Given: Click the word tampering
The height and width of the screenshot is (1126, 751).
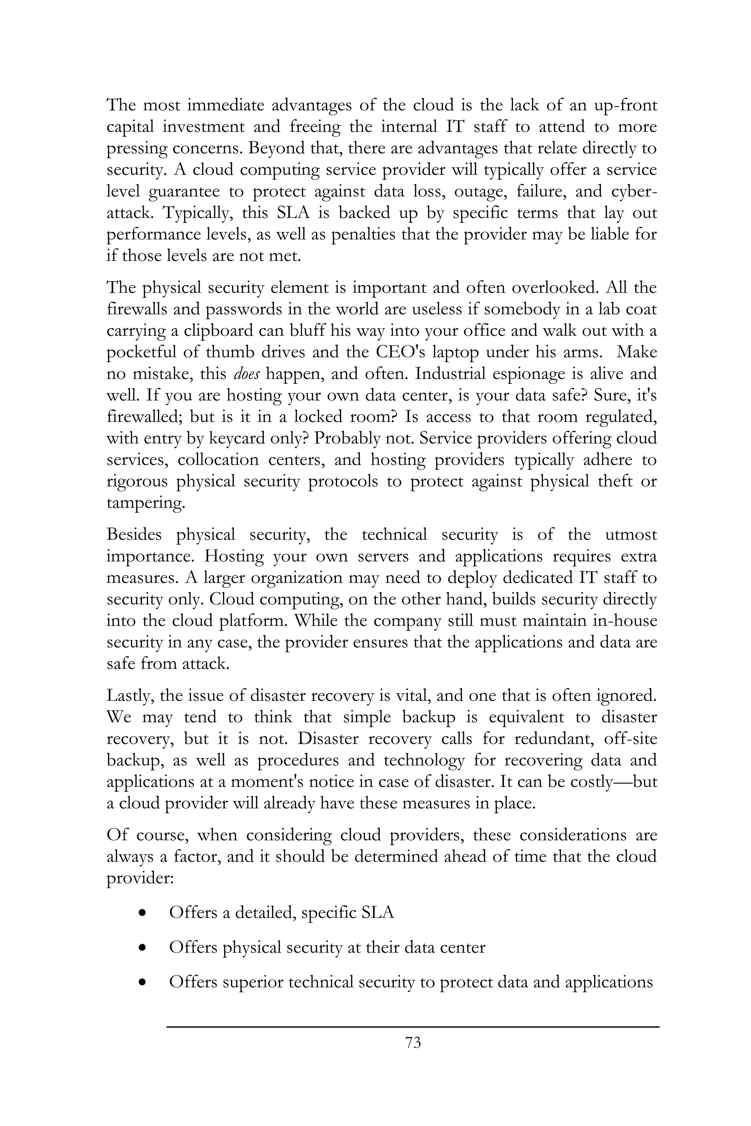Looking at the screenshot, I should (145, 504).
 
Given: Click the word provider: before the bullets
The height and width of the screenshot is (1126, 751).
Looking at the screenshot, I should (139, 879).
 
